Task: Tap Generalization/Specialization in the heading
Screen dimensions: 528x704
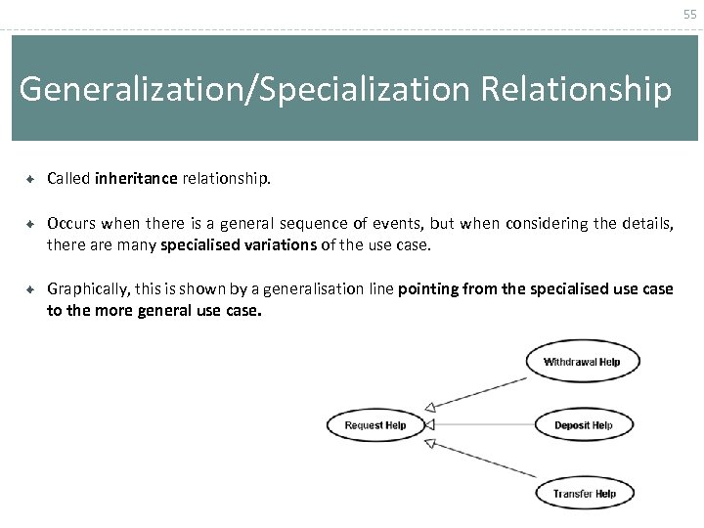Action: (244, 89)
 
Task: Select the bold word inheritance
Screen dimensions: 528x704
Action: (136, 179)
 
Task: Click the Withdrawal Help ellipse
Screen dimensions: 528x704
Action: (581, 362)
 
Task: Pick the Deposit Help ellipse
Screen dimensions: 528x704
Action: (583, 424)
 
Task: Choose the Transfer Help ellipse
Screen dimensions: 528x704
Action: (584, 494)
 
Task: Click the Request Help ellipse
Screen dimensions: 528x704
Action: (375, 425)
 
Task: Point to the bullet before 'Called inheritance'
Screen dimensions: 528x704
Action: (31, 179)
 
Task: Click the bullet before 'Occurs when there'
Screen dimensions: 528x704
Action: (31, 224)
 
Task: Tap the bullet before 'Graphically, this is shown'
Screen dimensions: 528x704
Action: (31, 289)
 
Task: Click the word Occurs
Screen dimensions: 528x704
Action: (70, 224)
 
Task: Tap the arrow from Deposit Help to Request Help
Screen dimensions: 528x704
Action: (479, 425)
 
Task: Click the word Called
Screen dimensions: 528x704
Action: (68, 179)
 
